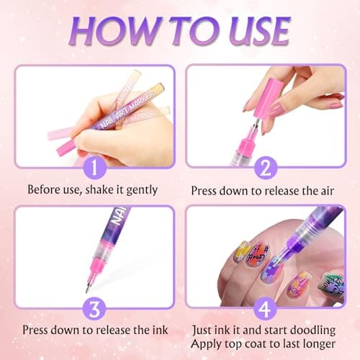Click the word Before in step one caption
tap(45, 192)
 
